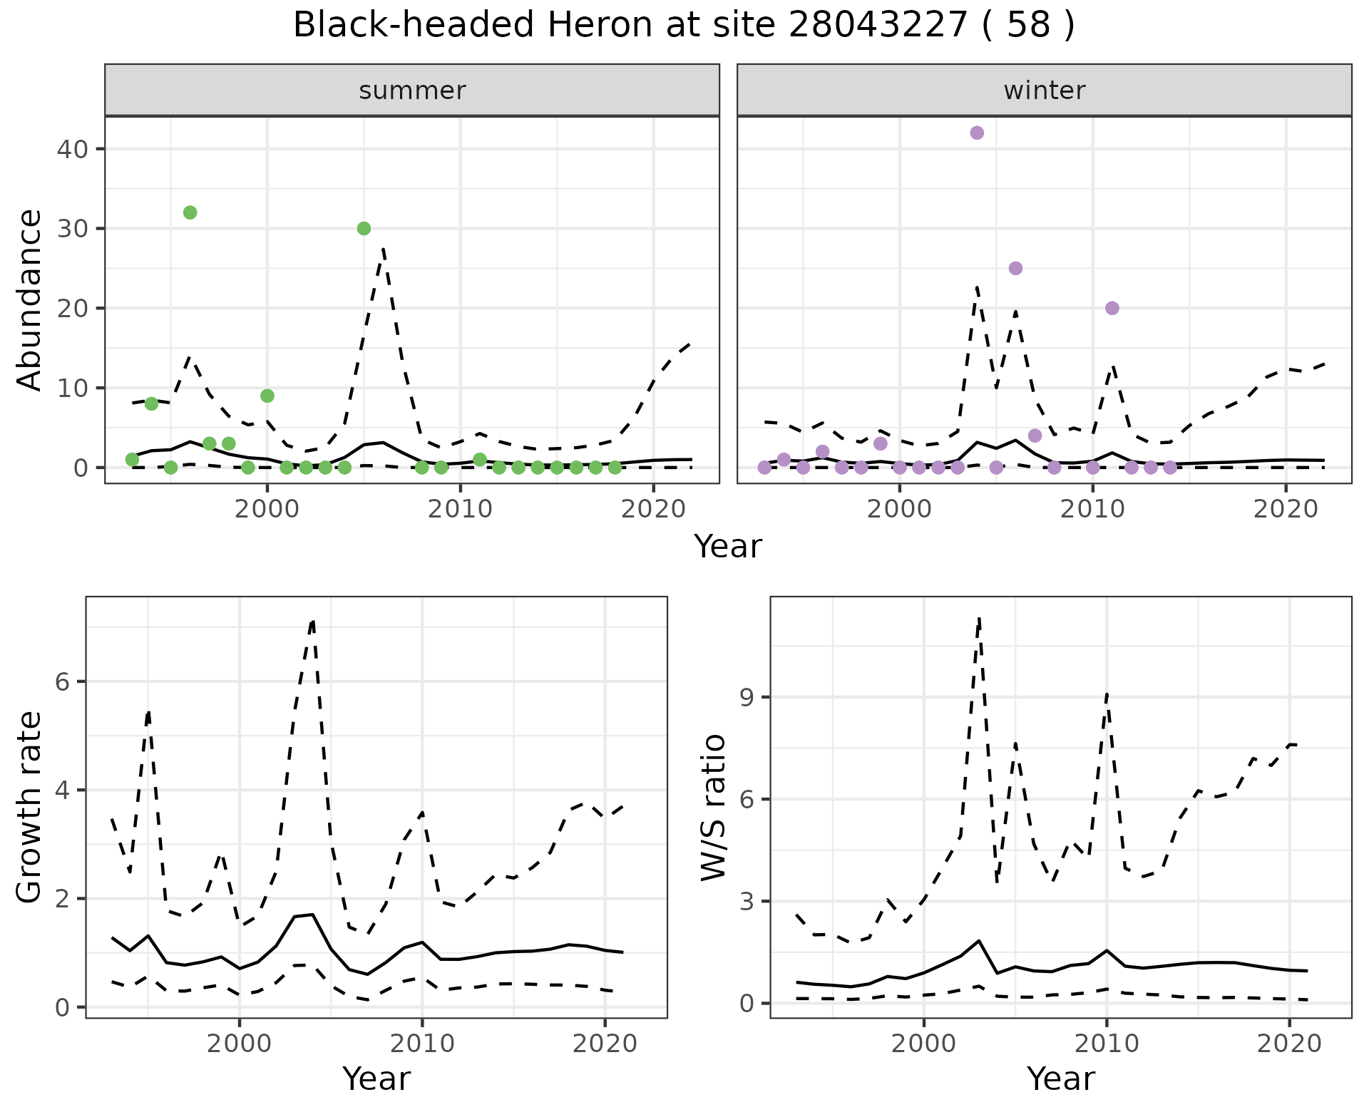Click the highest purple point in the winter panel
click(x=977, y=133)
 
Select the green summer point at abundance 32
click(x=190, y=212)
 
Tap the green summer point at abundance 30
click(x=364, y=228)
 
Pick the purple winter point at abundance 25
click(x=1015, y=268)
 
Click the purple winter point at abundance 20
click(x=1112, y=308)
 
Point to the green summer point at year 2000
click(x=267, y=396)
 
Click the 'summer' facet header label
click(x=412, y=91)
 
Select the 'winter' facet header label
click(x=1044, y=91)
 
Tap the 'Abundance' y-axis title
click(x=30, y=299)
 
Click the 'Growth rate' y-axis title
click(x=30, y=808)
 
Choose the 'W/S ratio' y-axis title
click(x=714, y=808)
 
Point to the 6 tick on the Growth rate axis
click(x=66, y=682)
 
